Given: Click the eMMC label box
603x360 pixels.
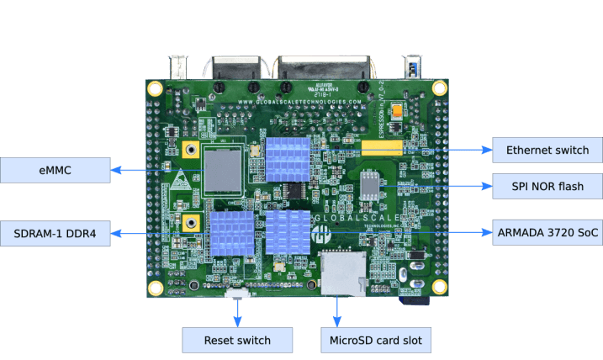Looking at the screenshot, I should point(55,170).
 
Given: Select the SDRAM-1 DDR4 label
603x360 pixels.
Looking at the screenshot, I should point(55,233).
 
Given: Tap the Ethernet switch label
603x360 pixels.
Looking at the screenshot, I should point(547,150).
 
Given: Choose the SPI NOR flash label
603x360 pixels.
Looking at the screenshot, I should point(547,185).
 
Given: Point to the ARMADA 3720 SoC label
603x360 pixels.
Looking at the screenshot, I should point(547,232).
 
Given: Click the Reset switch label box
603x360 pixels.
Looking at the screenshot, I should point(238,340).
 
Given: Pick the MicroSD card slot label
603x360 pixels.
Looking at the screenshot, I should point(376,340).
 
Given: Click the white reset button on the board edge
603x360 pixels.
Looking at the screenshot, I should point(238,294).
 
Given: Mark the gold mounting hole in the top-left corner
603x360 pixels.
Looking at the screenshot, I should point(155,87).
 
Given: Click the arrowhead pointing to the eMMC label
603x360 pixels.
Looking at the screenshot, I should point(116,170).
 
